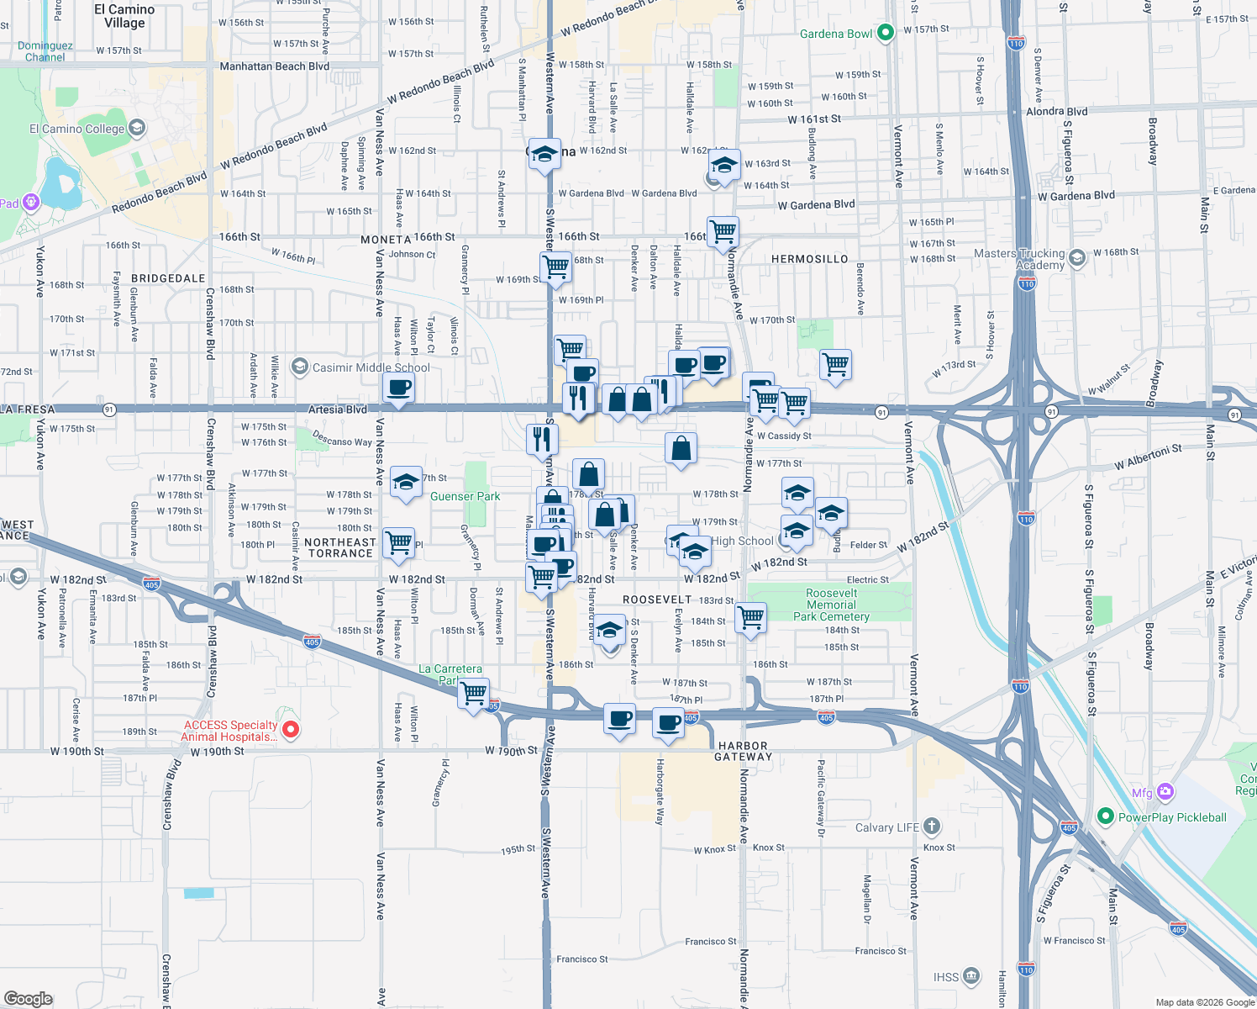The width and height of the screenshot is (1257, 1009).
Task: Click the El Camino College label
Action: tap(76, 129)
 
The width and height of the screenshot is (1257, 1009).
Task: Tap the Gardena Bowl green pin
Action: tap(885, 33)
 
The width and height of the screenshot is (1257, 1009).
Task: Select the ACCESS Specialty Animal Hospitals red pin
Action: tap(291, 729)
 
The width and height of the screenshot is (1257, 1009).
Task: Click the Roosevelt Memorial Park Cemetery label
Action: tap(831, 605)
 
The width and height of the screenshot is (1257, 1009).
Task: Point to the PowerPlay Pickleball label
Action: tap(1172, 817)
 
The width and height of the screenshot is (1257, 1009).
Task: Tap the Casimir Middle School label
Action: tap(371, 367)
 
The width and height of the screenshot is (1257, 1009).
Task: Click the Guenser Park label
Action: tap(465, 496)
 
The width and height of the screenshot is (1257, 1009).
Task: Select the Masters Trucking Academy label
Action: tap(1018, 259)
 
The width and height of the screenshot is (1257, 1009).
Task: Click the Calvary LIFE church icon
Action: tap(932, 827)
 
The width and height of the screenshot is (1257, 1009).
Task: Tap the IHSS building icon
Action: tap(971, 976)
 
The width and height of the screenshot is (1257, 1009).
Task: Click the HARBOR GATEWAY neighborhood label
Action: tap(743, 751)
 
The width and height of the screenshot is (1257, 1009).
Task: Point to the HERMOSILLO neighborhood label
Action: tap(809, 259)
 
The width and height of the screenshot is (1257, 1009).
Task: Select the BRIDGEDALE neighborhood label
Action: tap(168, 278)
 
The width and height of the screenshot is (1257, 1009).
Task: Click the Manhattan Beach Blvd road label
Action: tap(274, 66)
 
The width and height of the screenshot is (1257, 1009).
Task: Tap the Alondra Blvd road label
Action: tap(1056, 111)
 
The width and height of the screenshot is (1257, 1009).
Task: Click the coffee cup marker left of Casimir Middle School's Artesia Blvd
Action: tap(399, 388)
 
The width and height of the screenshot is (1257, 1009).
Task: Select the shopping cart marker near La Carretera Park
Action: tap(474, 694)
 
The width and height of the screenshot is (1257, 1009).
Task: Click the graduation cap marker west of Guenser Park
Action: tap(406, 483)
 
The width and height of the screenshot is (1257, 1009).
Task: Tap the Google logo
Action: tap(29, 998)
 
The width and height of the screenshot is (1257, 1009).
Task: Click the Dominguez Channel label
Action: tap(45, 51)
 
